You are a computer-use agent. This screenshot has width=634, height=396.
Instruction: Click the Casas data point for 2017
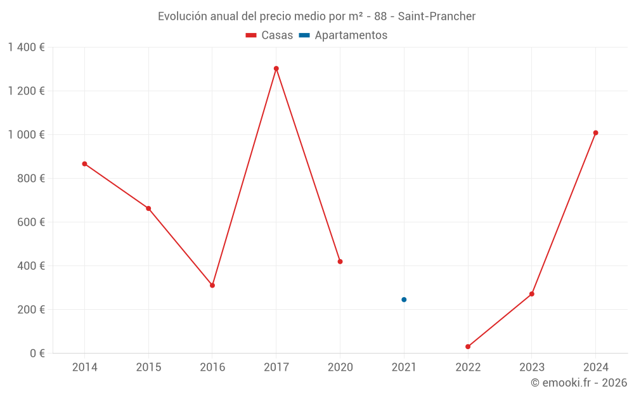pos(276,68)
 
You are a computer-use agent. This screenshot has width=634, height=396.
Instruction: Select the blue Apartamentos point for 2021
pos(404,300)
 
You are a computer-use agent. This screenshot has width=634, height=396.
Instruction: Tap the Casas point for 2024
pos(595,133)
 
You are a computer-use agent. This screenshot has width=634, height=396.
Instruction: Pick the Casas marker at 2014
pos(84,164)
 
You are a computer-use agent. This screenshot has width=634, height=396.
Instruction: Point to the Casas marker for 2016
pos(212,286)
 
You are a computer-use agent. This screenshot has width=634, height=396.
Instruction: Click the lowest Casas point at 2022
pos(468,347)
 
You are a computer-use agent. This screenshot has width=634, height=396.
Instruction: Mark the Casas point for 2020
pos(340,262)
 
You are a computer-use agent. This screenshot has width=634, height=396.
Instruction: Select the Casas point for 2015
pos(148,208)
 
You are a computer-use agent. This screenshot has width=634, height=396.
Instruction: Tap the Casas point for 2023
pos(532,294)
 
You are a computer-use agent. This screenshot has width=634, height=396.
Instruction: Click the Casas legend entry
pos(269,35)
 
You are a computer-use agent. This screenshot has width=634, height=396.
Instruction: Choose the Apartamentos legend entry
pos(343,35)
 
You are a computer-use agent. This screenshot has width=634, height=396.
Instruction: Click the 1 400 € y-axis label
pos(26,48)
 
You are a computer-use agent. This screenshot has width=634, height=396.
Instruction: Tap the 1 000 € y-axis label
pos(26,135)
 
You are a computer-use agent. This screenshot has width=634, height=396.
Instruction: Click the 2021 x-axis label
pos(404,367)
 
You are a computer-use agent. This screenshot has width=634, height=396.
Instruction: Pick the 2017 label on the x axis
pos(276,367)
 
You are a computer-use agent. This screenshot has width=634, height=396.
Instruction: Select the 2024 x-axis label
pos(595,367)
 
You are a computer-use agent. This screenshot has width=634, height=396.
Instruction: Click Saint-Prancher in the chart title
pos(437,16)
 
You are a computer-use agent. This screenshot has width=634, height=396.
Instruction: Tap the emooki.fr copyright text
pos(579,383)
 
